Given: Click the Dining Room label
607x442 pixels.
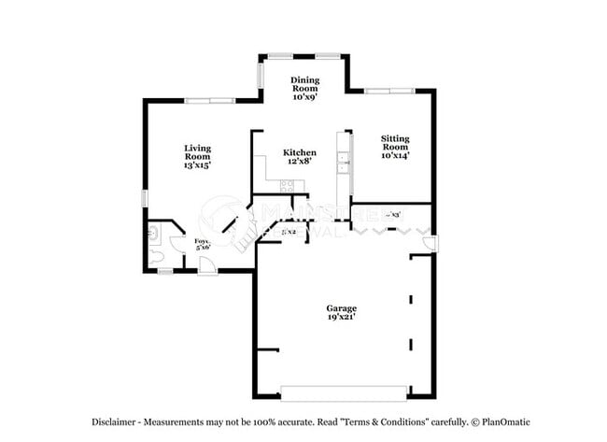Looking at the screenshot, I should (x=304, y=88).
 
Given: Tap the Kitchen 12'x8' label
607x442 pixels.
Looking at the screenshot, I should (x=299, y=156).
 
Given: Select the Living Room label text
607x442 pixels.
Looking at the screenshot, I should (x=197, y=155).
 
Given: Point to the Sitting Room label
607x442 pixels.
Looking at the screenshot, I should (x=394, y=147).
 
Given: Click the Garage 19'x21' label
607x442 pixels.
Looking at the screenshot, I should (x=341, y=312).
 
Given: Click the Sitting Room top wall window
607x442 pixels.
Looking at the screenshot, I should (x=389, y=91).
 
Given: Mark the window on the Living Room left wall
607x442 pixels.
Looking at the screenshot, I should (x=144, y=198).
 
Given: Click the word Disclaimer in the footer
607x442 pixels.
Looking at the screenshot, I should (x=116, y=421).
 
